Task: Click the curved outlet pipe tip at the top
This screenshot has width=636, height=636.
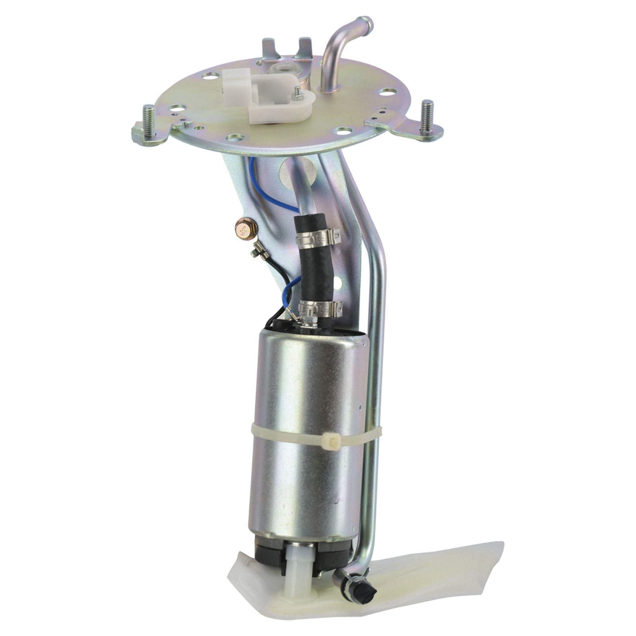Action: coord(365,23)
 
